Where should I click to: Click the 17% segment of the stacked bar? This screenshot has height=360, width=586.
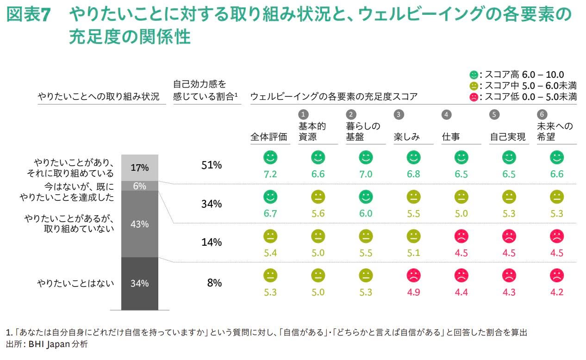140,168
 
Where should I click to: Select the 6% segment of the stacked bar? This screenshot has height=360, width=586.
140,186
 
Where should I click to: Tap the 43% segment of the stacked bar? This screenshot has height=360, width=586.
140,224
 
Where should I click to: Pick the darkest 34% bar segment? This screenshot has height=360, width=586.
140,284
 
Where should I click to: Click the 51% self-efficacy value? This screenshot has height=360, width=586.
212,165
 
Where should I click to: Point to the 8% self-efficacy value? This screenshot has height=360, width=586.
214,283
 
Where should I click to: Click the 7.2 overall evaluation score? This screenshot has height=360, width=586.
270,174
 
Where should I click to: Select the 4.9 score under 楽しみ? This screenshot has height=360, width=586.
413,292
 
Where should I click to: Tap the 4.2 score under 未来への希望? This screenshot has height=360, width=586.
557,292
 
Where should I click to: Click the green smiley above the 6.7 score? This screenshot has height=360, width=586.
270,197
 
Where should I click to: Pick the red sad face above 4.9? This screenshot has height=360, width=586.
414,275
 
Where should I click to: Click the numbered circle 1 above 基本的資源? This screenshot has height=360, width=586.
303,114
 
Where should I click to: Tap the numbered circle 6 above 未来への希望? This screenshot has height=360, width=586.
542,114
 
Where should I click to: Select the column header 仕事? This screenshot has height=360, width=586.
450,137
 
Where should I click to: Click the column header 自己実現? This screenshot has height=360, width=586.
507,137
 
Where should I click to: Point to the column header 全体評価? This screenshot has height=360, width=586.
268,137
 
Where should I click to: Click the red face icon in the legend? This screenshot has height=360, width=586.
474,97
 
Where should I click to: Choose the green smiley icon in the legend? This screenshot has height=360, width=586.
474,75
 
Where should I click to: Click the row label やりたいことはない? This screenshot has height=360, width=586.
75,283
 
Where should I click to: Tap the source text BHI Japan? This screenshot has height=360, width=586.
49,344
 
